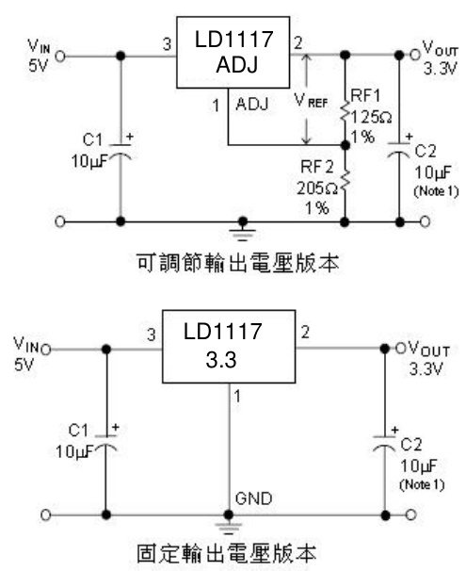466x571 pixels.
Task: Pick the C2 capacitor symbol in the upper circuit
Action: pos(404,156)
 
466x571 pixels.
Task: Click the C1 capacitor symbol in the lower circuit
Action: pos(105,447)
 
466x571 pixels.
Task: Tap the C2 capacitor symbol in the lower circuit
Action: pos(385,447)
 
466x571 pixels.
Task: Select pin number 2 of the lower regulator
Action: pos(303,334)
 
